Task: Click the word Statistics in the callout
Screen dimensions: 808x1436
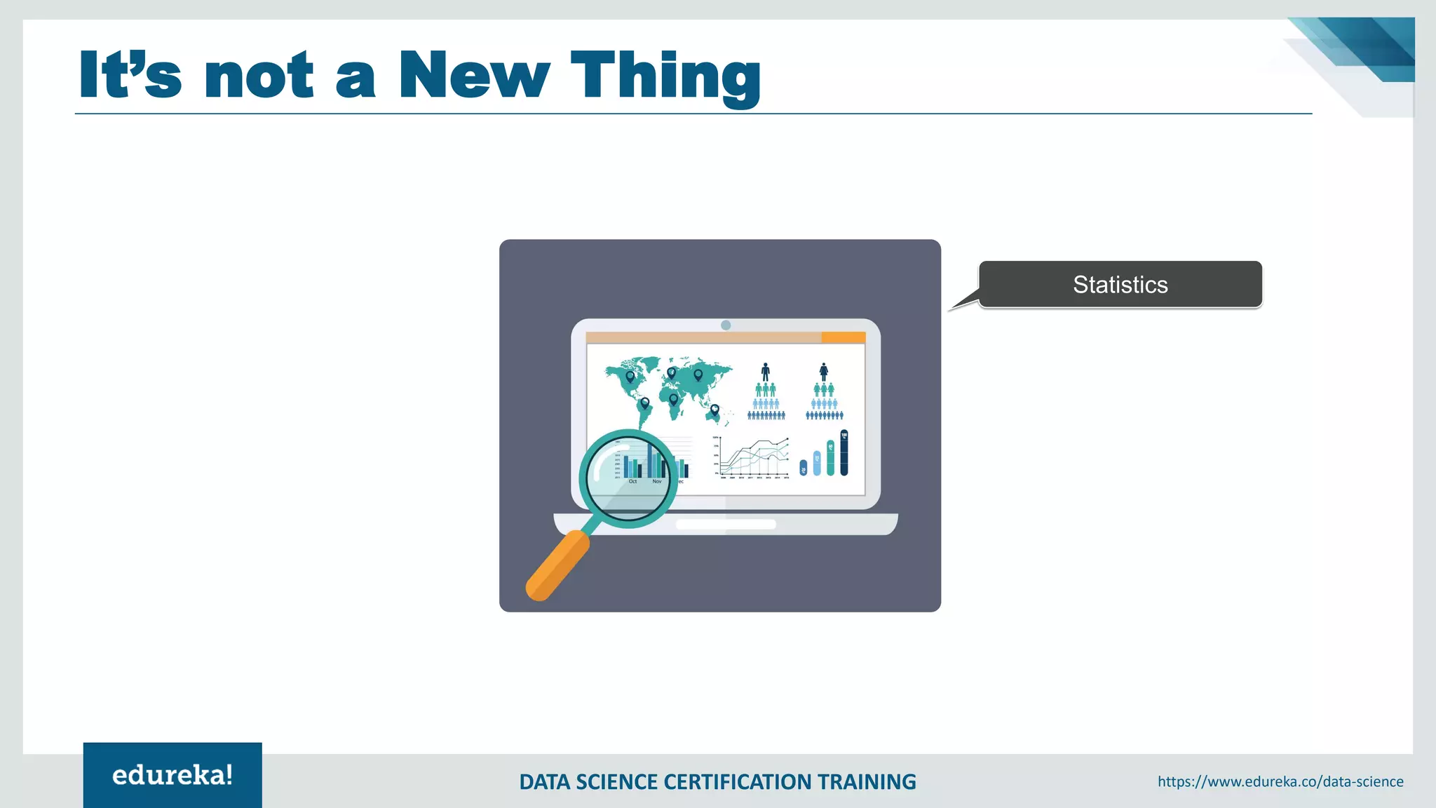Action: point(1120,285)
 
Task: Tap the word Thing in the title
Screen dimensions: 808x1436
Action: point(665,76)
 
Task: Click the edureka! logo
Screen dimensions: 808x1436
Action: point(172,775)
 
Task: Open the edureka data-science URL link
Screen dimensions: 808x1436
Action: point(1280,781)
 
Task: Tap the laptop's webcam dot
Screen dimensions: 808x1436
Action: point(726,325)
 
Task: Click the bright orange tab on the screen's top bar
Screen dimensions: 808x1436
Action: point(843,337)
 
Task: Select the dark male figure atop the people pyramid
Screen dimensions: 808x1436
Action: point(766,372)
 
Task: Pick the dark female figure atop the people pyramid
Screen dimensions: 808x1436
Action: point(824,372)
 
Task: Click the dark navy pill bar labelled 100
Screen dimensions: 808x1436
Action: point(844,452)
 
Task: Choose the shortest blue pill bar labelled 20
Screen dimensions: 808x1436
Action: point(804,468)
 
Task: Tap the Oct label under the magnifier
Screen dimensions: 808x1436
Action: point(632,481)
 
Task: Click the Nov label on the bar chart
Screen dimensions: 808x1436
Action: point(657,481)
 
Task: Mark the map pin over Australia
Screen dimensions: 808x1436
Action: point(714,410)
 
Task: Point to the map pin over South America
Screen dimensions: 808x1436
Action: point(645,403)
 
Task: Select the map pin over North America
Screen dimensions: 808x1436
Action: point(630,377)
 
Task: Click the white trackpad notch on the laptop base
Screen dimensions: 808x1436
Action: point(726,524)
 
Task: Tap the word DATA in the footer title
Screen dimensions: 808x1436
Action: point(545,782)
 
